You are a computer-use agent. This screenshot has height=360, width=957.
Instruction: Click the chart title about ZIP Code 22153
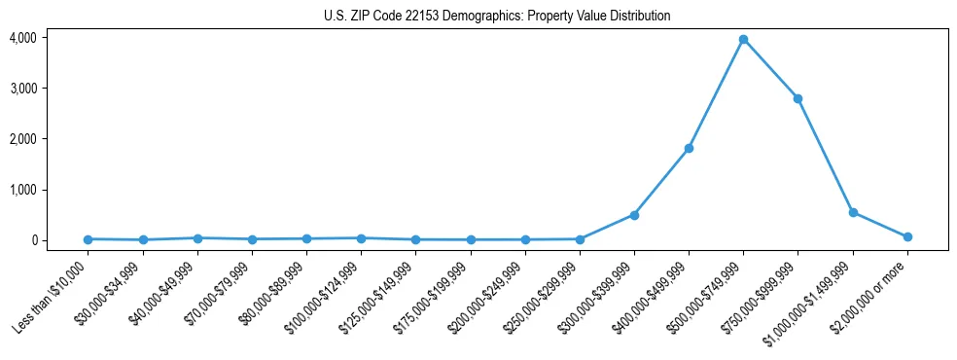pyautogui.click(x=497, y=17)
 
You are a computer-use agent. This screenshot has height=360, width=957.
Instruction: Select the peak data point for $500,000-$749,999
pyautogui.click(x=743, y=39)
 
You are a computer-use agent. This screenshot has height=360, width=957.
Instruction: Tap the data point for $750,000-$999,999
pyautogui.click(x=797, y=98)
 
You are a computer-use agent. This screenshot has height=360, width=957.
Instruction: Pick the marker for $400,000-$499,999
pyautogui.click(x=689, y=148)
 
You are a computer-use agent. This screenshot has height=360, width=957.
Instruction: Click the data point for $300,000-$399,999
pyautogui.click(x=634, y=215)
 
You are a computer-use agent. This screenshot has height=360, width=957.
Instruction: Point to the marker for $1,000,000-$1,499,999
pyautogui.click(x=853, y=212)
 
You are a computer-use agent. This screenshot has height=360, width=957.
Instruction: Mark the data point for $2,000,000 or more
pyautogui.click(x=907, y=236)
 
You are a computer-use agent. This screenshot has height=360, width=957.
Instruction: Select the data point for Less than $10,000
pyautogui.click(x=88, y=239)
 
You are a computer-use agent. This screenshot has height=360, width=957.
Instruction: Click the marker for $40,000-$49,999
pyautogui.click(x=197, y=237)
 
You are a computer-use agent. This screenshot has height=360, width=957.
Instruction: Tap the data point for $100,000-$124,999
pyautogui.click(x=361, y=237)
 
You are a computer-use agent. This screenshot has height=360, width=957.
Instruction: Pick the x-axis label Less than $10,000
pyautogui.click(x=53, y=296)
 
